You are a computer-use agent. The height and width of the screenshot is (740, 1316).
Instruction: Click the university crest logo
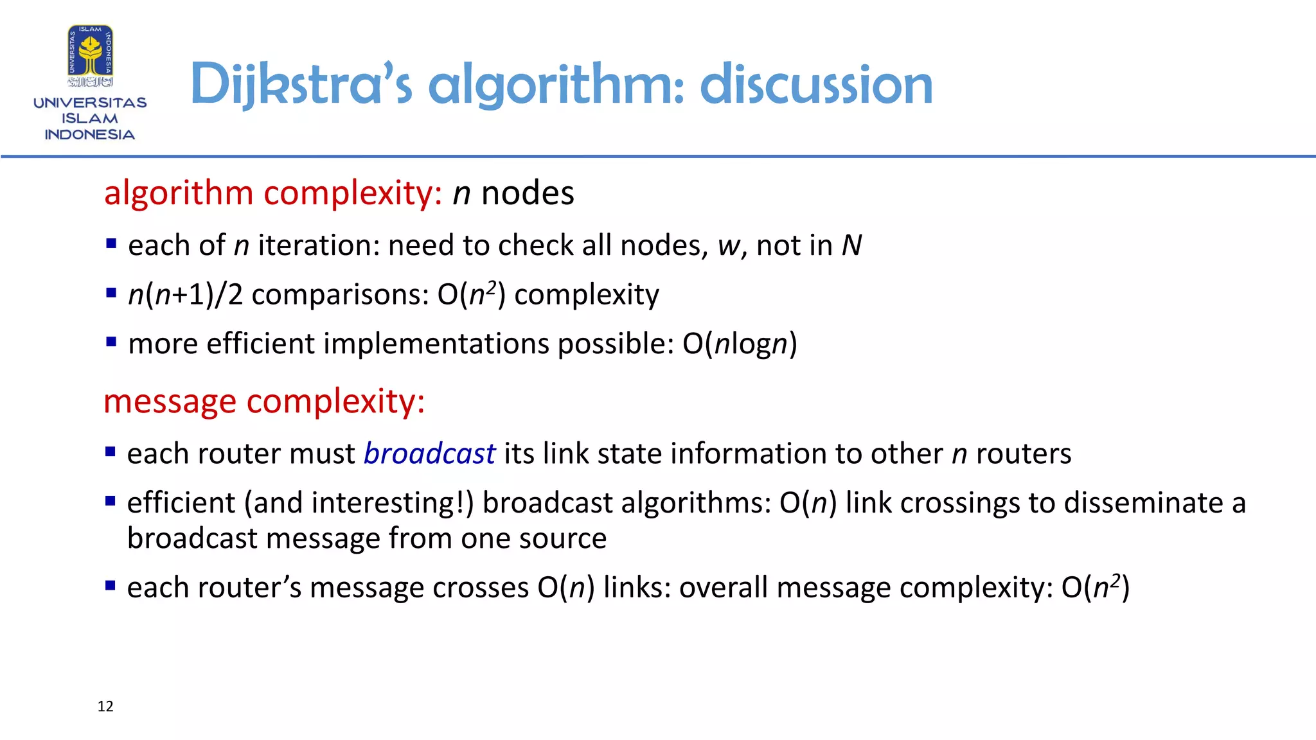pos(91,56)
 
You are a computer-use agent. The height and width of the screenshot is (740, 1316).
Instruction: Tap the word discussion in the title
pos(816,85)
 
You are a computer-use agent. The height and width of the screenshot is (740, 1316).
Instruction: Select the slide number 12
pos(105,707)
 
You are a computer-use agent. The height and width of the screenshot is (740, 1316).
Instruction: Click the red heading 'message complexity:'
pos(264,401)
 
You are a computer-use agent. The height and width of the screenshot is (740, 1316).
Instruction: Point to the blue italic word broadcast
pos(429,454)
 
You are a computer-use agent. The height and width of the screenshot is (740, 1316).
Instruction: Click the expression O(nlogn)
pos(740,344)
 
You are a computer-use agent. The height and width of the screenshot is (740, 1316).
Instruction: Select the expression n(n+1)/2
pos(186,295)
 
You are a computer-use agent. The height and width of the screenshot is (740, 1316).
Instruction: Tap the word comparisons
pos(340,295)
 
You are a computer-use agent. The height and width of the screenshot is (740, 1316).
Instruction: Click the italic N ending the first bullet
pos(851,245)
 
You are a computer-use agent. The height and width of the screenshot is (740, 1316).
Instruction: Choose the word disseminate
pos(1144,503)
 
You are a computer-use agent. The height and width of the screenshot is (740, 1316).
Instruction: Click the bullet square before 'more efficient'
pos(111,342)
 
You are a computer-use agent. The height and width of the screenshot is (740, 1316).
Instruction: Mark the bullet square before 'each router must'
pos(111,452)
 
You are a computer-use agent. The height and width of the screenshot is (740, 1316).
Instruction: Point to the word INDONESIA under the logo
pos(90,135)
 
